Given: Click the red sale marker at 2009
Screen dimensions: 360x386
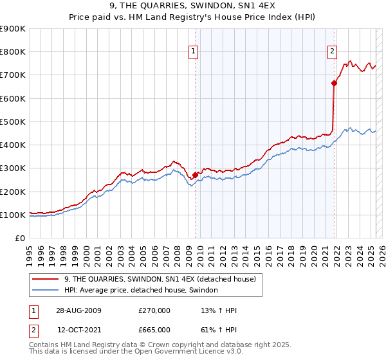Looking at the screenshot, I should [x=195, y=174].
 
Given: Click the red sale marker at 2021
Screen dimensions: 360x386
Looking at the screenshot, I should [x=334, y=82].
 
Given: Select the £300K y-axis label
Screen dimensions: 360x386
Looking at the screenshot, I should [x=13, y=168].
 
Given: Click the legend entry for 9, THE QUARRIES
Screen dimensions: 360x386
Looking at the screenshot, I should [x=160, y=279].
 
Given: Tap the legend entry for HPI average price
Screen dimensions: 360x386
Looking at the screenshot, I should [x=141, y=291].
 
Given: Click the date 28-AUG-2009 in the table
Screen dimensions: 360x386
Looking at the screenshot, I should [x=78, y=310].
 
